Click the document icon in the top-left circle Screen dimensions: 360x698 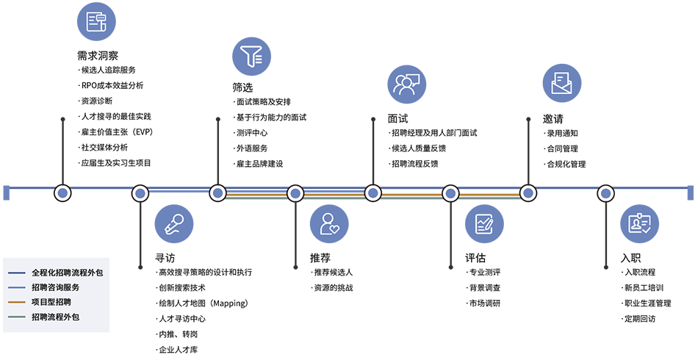(96, 22)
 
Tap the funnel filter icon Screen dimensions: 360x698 (251, 56)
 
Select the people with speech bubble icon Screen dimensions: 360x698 (406, 84)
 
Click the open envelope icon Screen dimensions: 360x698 (561, 83)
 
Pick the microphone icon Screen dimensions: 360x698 (173, 223)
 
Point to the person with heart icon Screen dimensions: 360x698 (329, 223)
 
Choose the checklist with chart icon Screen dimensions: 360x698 (484, 223)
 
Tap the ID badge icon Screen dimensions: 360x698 (639, 223)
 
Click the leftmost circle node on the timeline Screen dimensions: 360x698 (62, 193)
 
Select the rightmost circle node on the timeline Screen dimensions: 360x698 (605, 193)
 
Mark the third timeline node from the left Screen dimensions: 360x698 (217, 193)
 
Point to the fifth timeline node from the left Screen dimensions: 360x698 (373, 193)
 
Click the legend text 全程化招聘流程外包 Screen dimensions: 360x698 (67, 272)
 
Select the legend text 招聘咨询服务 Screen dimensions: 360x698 (55, 287)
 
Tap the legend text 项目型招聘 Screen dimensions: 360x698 (51, 302)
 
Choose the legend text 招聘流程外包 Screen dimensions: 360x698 (55, 317)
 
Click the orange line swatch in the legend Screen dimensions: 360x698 (18, 302)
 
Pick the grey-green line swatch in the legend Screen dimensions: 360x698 (18, 317)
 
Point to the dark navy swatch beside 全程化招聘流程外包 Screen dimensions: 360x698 (18, 272)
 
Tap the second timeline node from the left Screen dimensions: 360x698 (140, 193)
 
